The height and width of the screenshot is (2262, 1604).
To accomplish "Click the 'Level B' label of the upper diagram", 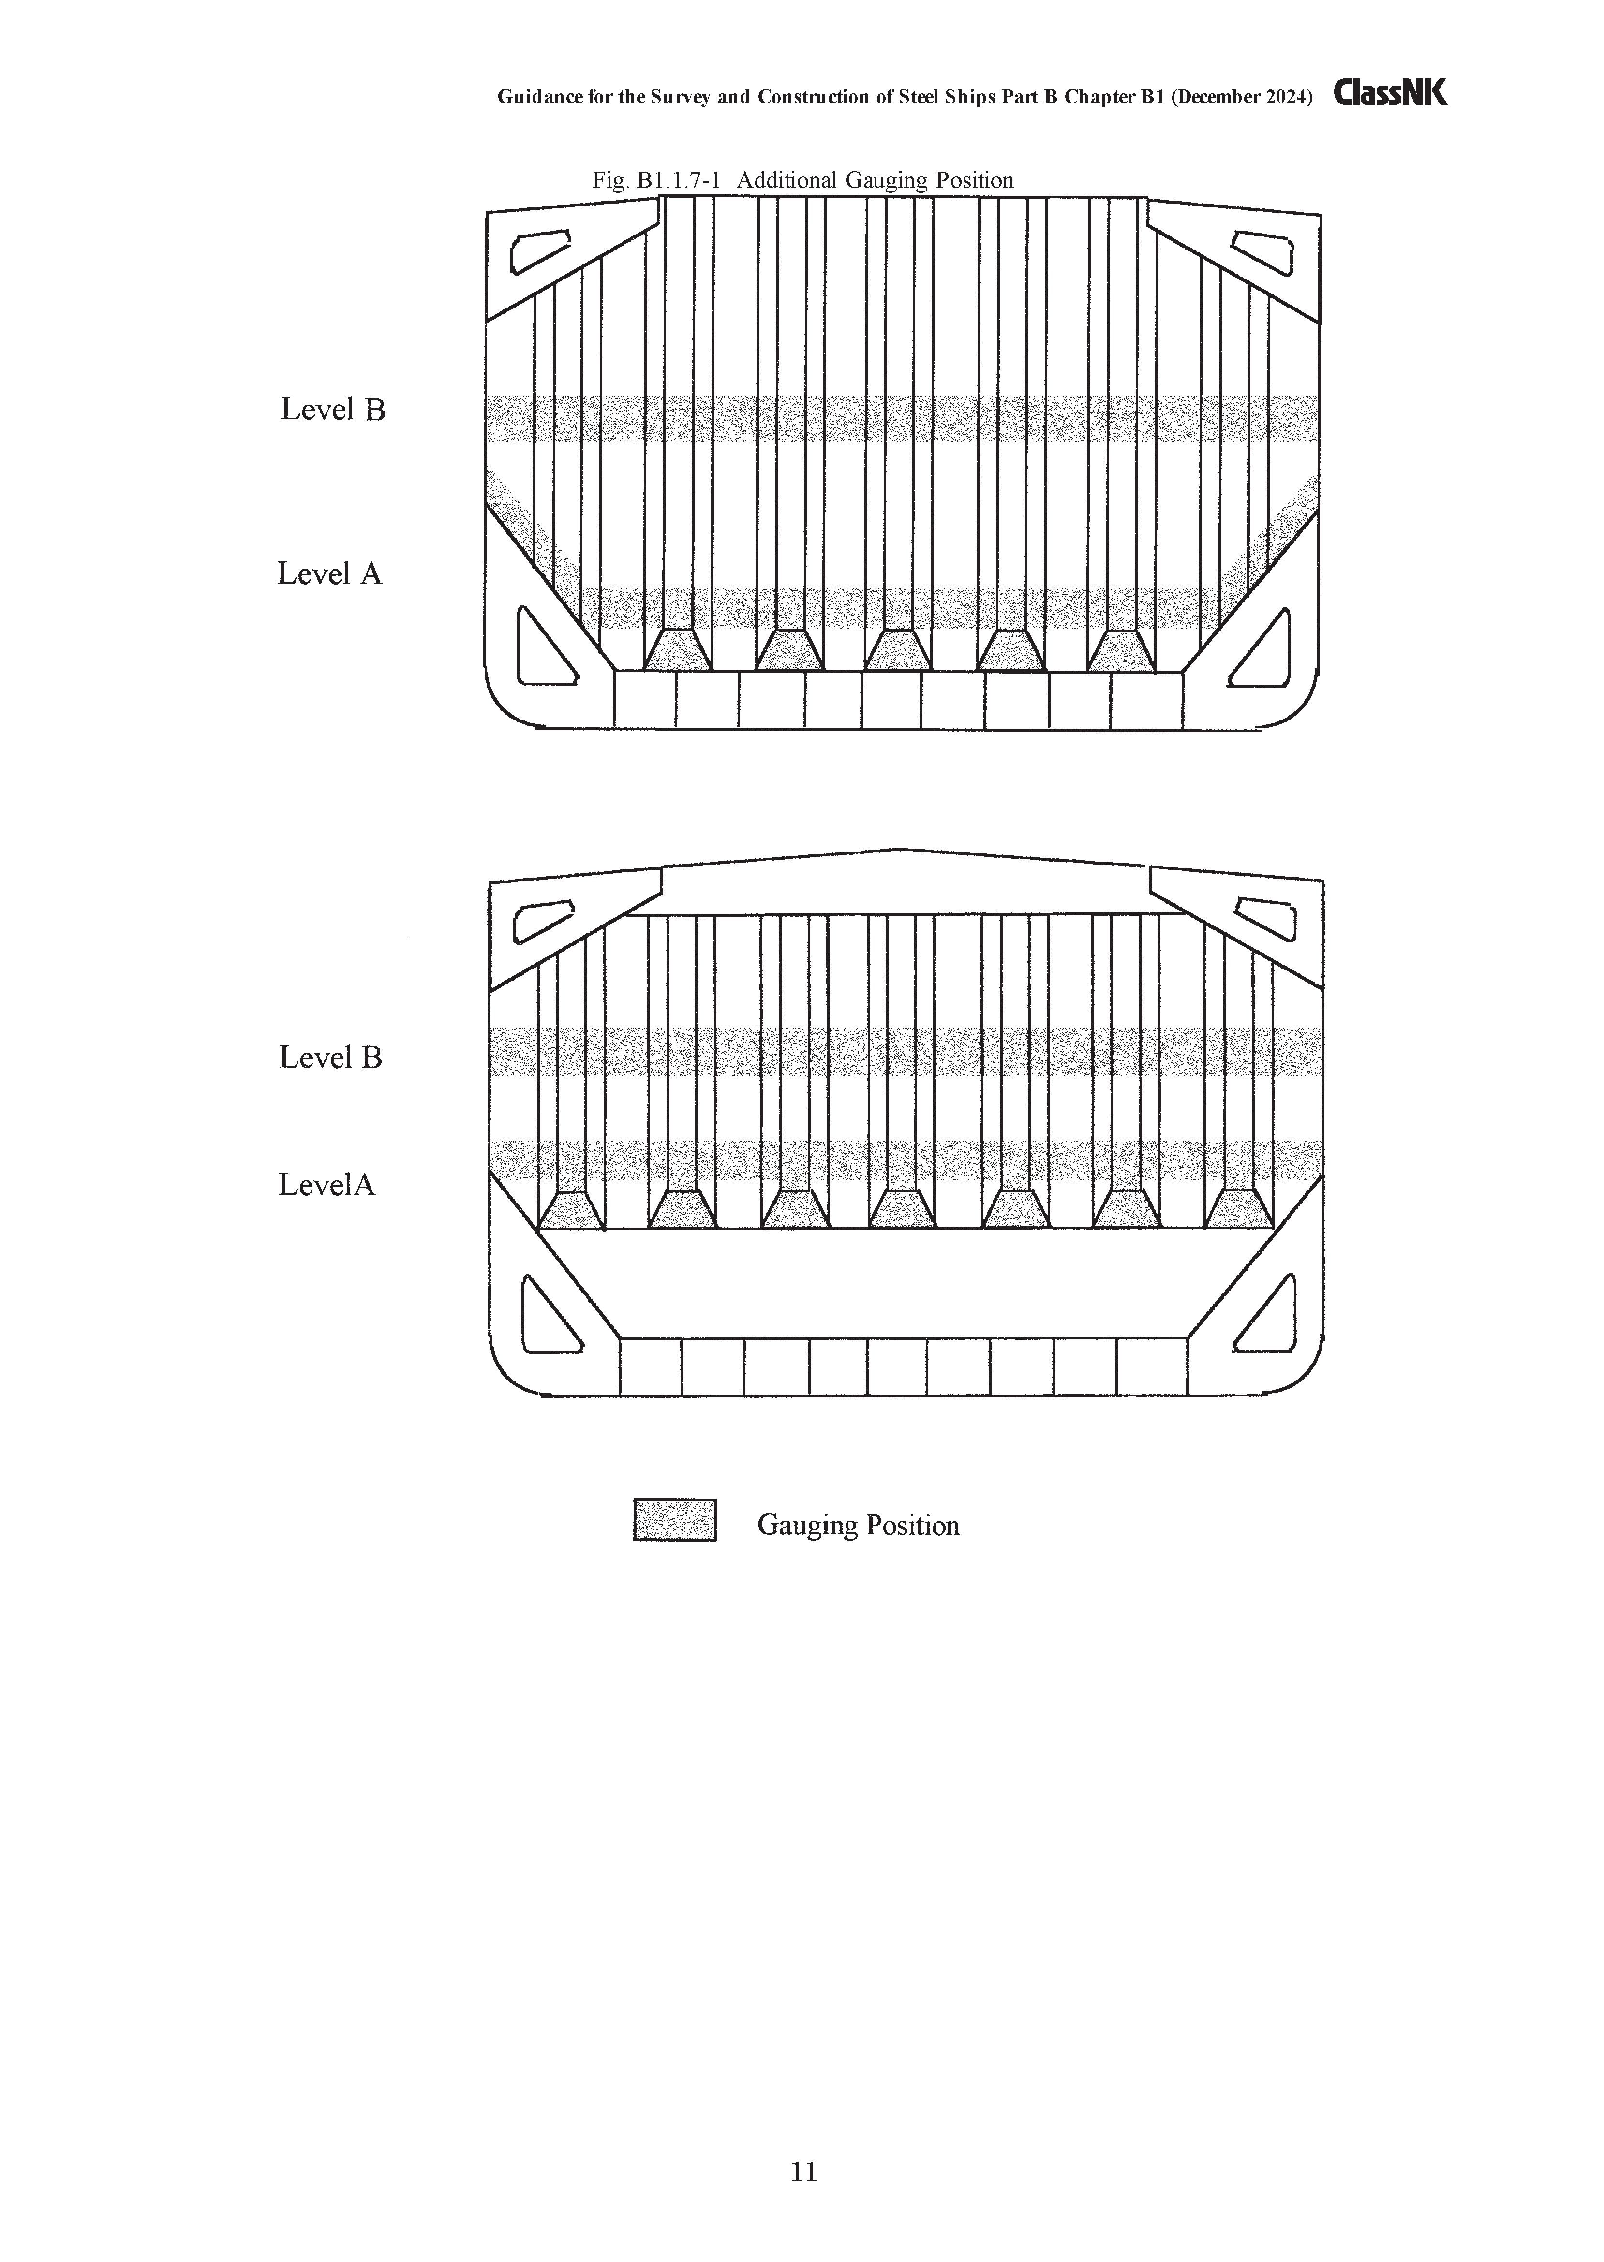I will tap(333, 410).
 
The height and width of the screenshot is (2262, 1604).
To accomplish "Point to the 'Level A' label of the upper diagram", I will tap(329, 573).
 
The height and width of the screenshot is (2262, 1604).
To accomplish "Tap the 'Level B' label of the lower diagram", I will tap(330, 1058).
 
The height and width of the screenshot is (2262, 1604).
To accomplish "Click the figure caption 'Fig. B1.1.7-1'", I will tap(656, 181).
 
